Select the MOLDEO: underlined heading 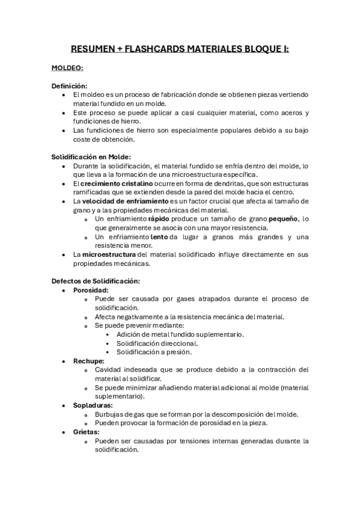(x=67, y=68)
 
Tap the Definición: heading (x=69, y=86)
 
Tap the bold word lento (x=159, y=237)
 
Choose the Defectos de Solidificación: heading (x=96, y=281)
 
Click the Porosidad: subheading (x=91, y=290)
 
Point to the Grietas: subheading (x=87, y=432)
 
